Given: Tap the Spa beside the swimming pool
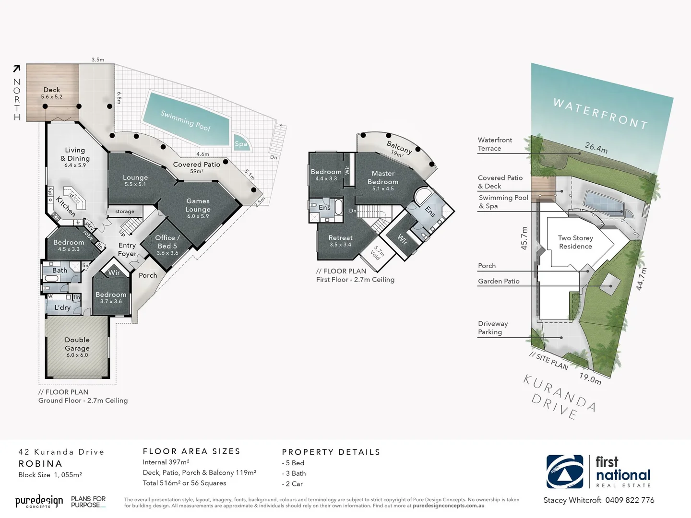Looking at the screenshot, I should click(x=241, y=144).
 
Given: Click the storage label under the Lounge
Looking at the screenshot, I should click(x=125, y=212).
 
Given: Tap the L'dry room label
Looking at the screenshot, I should click(x=62, y=307).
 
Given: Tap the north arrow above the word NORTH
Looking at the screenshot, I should click(x=17, y=69).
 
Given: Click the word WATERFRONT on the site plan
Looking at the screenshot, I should click(x=600, y=114).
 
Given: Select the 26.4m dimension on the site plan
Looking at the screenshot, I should click(x=596, y=148).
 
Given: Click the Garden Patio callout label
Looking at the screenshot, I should click(x=499, y=281).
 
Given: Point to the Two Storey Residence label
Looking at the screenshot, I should click(x=575, y=242).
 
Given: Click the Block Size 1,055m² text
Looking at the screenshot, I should click(x=50, y=475).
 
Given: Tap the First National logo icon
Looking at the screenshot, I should click(x=565, y=471).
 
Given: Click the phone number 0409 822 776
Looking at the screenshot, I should click(x=630, y=500).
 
